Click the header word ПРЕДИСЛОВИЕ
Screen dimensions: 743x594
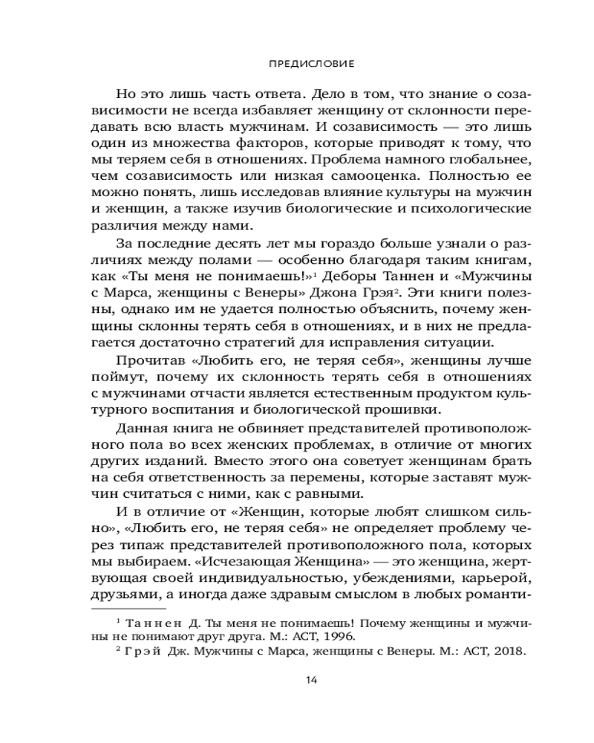click(x=311, y=64)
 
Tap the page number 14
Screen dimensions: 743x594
click(x=311, y=680)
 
